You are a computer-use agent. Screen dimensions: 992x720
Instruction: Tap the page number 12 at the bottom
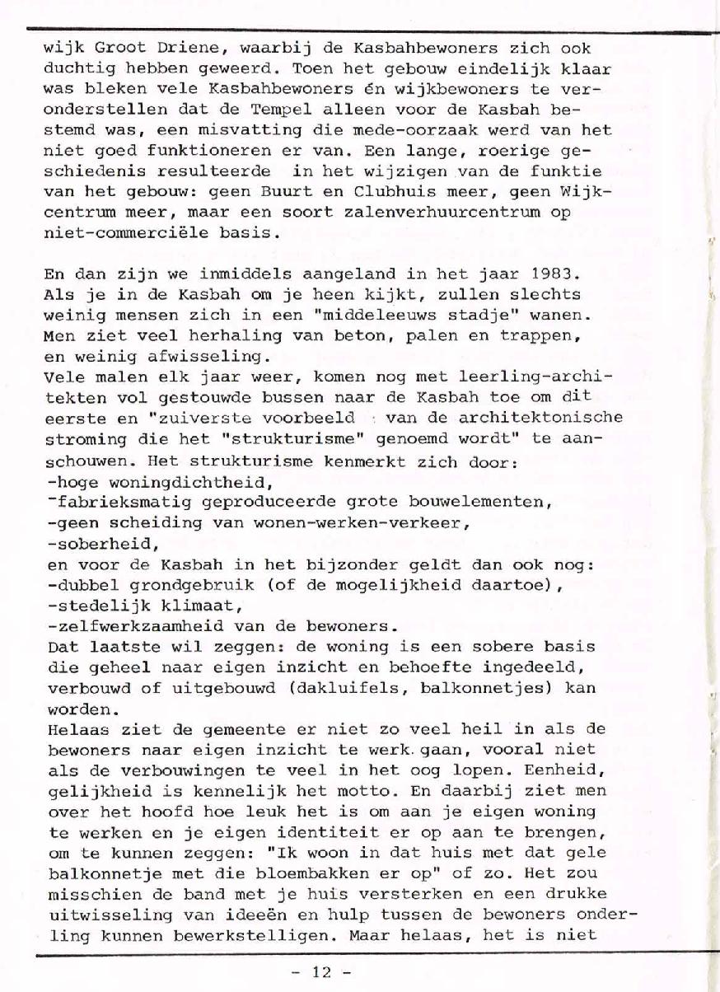[x=321, y=972]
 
